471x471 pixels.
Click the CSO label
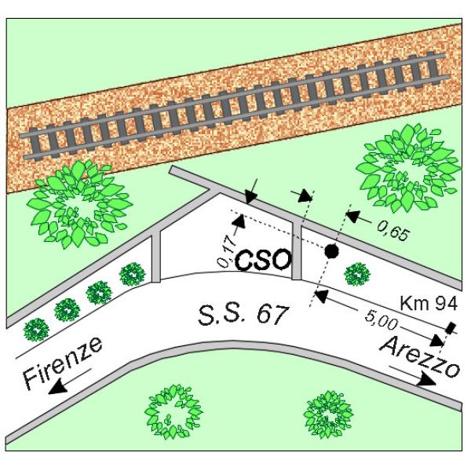263,260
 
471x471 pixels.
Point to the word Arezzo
420,357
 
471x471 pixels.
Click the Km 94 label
429,303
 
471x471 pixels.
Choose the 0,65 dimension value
393,231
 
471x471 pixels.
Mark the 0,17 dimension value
226,252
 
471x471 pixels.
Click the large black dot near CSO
332,251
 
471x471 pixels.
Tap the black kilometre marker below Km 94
451,327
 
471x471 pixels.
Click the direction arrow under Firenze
70,382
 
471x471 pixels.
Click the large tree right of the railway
408,168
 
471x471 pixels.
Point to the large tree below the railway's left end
78,204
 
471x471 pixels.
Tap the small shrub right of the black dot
357,274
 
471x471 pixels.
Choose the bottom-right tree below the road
328,414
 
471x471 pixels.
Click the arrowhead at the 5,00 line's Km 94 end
438,341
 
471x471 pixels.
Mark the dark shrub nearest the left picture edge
36,330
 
